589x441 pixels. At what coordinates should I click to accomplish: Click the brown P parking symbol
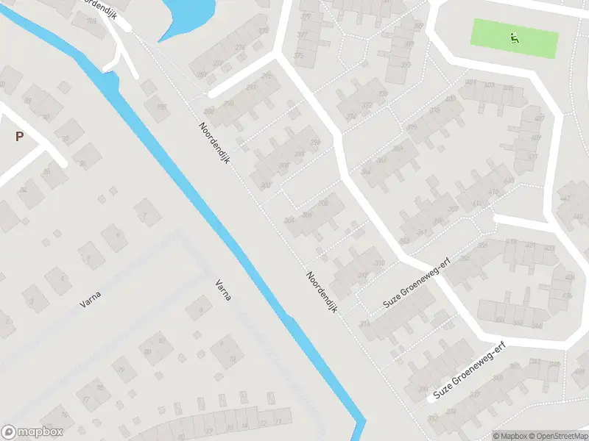(19, 136)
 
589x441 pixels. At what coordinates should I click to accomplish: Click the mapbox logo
(32, 432)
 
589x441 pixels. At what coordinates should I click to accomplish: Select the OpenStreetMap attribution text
(557, 436)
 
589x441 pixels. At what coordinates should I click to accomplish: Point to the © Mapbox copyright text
(510, 436)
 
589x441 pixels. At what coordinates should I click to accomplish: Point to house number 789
(92, 20)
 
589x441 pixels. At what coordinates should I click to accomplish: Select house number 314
(364, 324)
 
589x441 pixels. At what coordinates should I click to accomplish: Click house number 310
(379, 262)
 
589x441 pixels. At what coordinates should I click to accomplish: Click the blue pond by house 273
(188, 15)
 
